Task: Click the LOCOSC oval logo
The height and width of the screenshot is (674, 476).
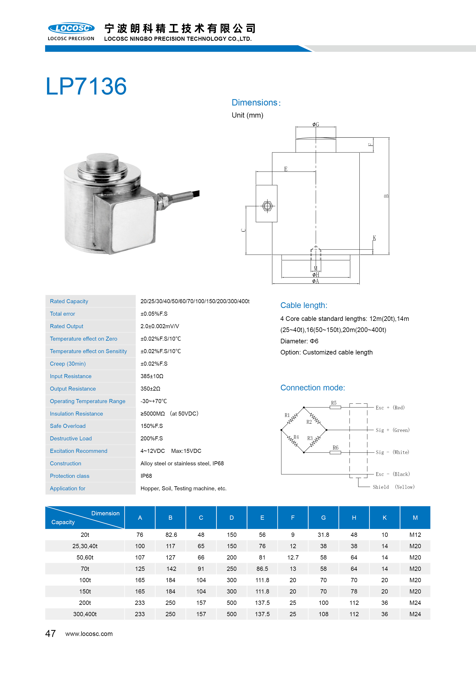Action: [x=71, y=28]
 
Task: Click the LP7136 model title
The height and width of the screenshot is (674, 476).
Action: [x=86, y=86]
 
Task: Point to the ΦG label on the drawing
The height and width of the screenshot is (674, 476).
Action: [x=316, y=125]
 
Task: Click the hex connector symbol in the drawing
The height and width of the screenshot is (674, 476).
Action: [x=267, y=206]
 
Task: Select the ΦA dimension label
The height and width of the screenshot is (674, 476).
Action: [x=316, y=281]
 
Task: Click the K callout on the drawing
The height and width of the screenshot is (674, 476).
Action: [x=374, y=238]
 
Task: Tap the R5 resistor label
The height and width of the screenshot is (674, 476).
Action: [x=334, y=403]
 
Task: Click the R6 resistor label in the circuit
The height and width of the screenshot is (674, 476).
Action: [x=336, y=448]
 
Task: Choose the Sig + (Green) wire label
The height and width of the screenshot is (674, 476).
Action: [x=393, y=430]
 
